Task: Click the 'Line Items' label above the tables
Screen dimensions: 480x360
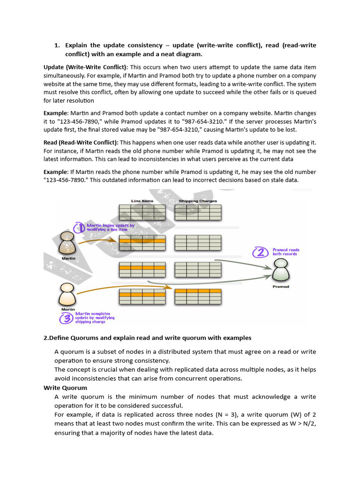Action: click(x=142, y=201)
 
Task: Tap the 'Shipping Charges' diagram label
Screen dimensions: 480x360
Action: click(x=198, y=201)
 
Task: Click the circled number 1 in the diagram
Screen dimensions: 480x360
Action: click(x=79, y=227)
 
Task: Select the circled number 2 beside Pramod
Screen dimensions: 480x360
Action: click(x=259, y=253)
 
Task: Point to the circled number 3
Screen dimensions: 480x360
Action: click(x=65, y=318)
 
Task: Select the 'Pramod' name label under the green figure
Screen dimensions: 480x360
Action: click(x=281, y=287)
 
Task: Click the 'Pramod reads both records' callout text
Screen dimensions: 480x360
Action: click(x=285, y=252)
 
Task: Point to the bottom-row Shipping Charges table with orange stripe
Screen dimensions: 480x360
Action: click(x=198, y=296)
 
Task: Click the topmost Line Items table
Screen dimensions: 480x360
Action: click(x=142, y=212)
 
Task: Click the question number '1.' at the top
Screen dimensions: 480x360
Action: click(x=57, y=45)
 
